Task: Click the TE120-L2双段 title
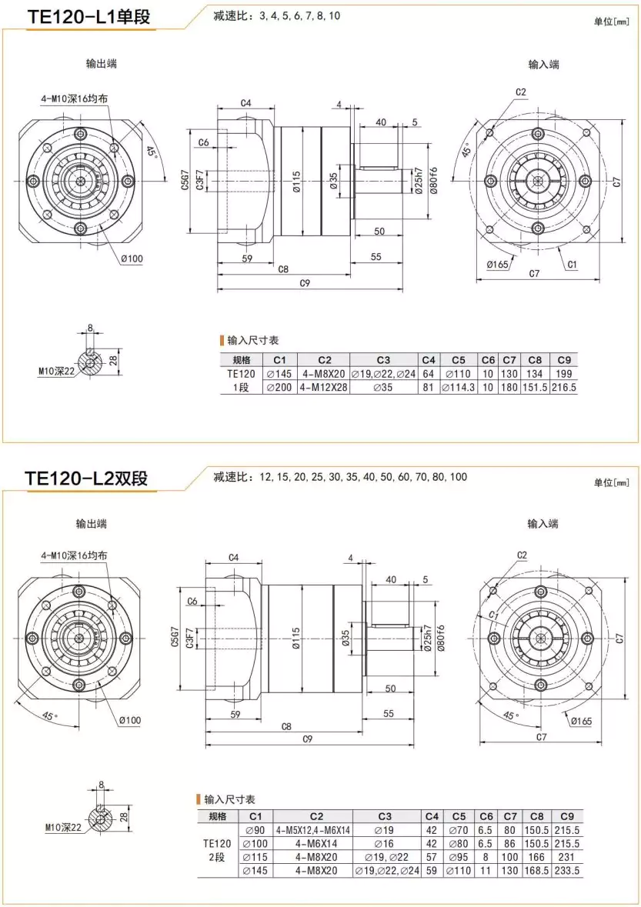tap(86, 479)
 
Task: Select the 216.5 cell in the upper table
tap(564, 388)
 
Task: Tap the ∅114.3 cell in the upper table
tap(459, 388)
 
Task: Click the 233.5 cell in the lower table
tap(567, 871)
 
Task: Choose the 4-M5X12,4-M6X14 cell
tap(312, 830)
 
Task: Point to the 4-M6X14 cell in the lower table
tap(312, 844)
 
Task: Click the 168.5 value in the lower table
tap(536, 871)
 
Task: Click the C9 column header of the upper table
tap(564, 359)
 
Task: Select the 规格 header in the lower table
tap(218, 816)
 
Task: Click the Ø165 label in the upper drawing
tap(498, 265)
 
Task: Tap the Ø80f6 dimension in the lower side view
tap(441, 639)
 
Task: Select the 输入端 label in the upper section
tap(543, 64)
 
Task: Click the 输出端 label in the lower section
tap(91, 524)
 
